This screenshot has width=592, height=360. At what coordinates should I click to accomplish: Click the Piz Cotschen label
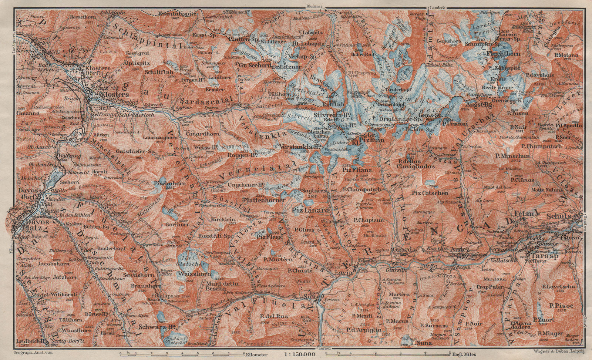click(x=430, y=193)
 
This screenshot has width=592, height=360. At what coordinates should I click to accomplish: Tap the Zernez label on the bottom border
click(x=325, y=349)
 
